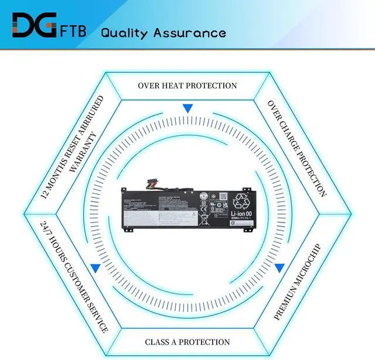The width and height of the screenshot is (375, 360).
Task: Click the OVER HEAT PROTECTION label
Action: click(x=187, y=85)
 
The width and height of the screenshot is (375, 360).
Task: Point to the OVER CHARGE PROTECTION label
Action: click(x=296, y=148)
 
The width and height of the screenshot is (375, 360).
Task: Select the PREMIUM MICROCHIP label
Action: click(x=297, y=281)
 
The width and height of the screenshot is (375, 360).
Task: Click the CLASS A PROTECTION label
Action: click(x=187, y=342)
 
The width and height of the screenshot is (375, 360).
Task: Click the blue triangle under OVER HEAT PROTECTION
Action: click(x=187, y=108)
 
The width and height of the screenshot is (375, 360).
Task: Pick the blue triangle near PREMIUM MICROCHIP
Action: click(x=279, y=268)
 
